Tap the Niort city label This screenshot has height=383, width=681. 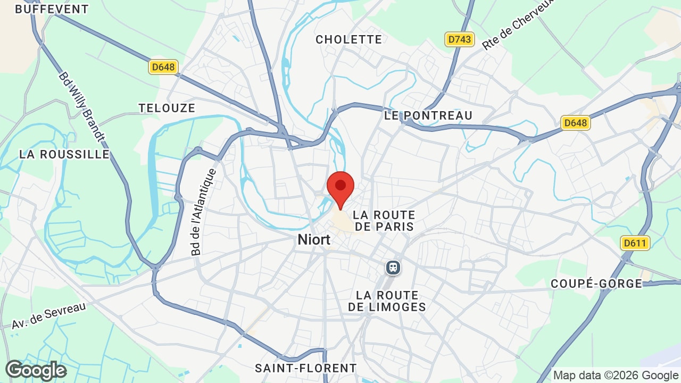pos(314,239)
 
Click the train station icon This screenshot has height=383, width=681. pos(393,267)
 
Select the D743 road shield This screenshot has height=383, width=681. pos(460,39)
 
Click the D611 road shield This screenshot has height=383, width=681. pos(635,243)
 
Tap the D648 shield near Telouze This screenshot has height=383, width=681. pos(163,67)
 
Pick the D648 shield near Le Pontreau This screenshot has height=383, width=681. pos(576,123)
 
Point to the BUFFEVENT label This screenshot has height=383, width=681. pos(52,9)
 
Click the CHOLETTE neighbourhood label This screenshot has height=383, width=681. pos(349,39)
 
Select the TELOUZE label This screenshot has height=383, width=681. pos(167,108)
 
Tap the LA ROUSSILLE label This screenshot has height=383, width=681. pos(64,154)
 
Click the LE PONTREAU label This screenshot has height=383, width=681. pos(428,115)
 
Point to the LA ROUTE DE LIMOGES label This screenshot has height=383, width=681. pos(387,301)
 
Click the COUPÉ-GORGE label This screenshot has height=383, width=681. pos(596,284)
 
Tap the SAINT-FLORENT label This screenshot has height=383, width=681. pos(306,368)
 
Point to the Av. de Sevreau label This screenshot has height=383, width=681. pos(49,315)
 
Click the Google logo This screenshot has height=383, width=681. pos(36,370)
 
